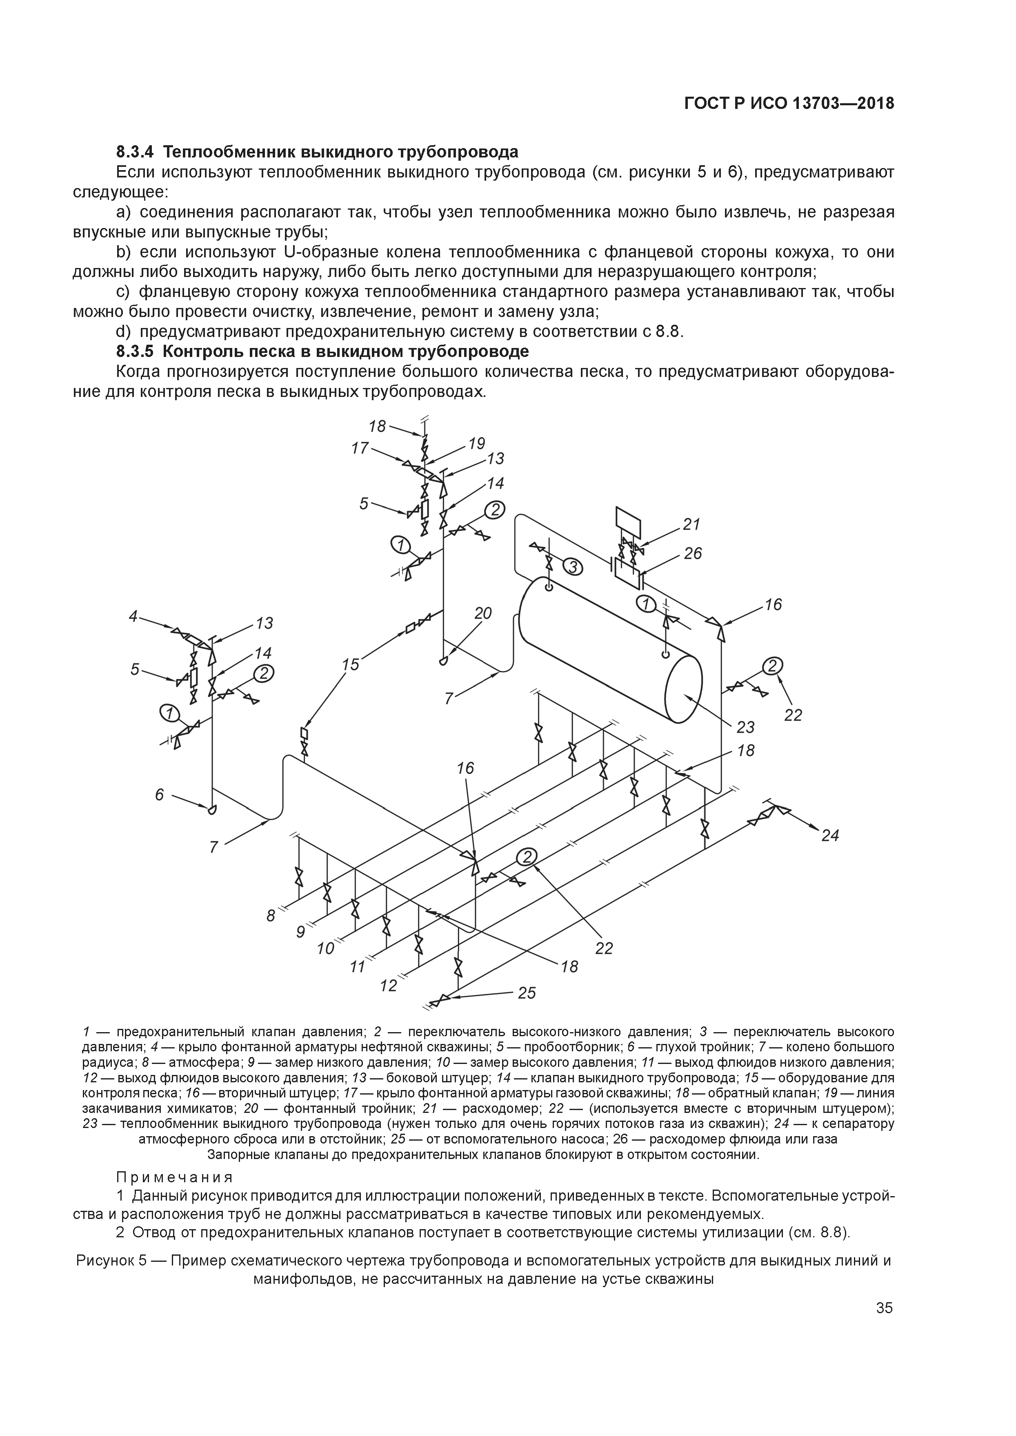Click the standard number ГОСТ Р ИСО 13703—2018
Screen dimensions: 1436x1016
pos(789,104)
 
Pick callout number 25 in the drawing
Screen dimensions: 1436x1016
pos(527,993)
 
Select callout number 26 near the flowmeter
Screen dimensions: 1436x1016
pos(693,554)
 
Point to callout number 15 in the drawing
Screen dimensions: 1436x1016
pos(351,664)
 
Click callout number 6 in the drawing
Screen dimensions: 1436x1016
pos(160,794)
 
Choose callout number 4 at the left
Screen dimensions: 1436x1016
pos(133,616)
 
